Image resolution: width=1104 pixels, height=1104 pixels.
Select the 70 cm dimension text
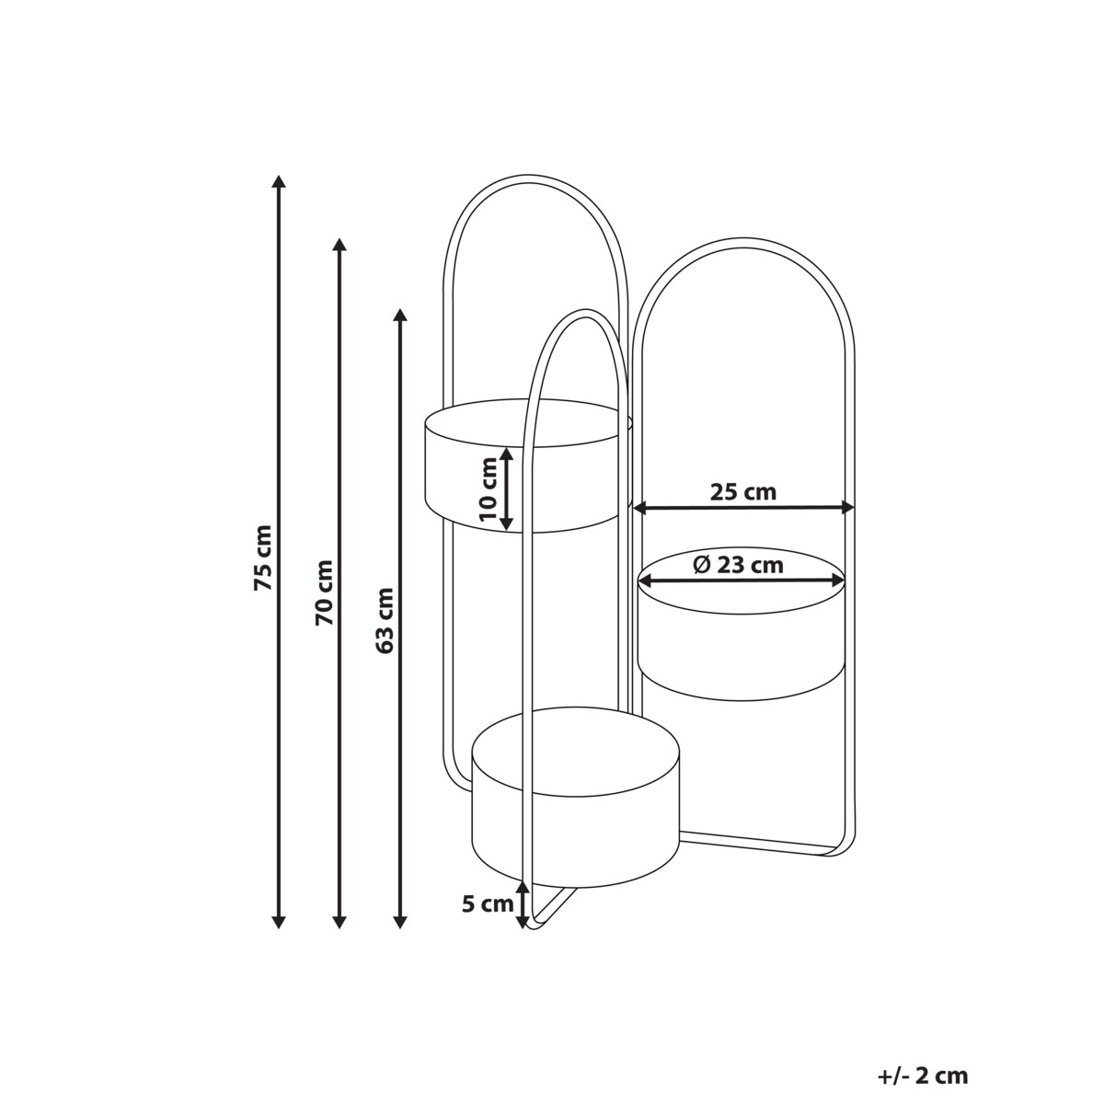click(x=324, y=592)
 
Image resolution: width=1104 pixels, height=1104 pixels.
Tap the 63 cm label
click(x=385, y=621)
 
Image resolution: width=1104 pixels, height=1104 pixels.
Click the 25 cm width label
click(x=743, y=491)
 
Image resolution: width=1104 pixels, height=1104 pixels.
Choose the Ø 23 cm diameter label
click(x=738, y=565)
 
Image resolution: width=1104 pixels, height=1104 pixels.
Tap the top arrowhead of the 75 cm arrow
click(x=279, y=181)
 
